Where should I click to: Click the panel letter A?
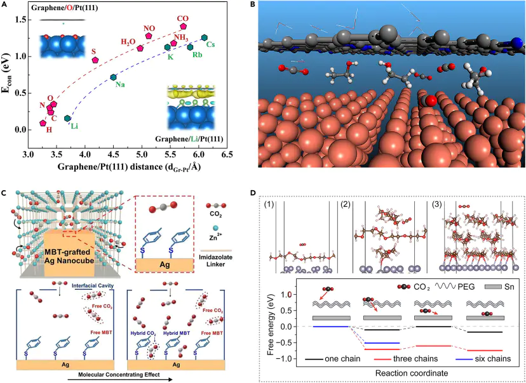(x=6, y=5)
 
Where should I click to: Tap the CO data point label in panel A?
(x=183, y=18)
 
